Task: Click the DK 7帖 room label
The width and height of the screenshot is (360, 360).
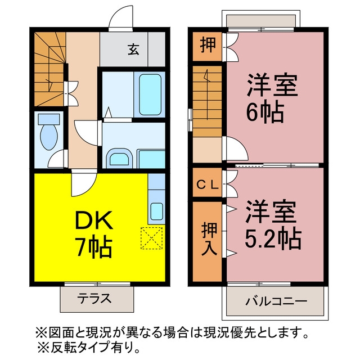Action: (x=94, y=234)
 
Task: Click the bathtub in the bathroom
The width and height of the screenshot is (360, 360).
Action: (x=150, y=95)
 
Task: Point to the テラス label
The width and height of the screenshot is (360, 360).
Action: (x=94, y=299)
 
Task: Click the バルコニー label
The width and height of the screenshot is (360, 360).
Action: (x=276, y=301)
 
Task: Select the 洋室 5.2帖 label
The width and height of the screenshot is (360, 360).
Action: (x=273, y=224)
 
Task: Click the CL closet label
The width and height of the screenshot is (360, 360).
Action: (x=208, y=185)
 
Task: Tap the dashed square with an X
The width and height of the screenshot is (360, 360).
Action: (x=152, y=238)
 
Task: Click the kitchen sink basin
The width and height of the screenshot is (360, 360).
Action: (x=157, y=211)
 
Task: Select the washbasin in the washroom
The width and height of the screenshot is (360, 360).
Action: (x=119, y=159)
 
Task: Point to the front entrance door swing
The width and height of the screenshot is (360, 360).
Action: (x=121, y=19)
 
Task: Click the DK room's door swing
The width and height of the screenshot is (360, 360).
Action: (x=83, y=184)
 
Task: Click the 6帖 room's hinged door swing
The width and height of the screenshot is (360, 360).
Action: (x=236, y=148)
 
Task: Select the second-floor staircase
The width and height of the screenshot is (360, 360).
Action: (x=207, y=101)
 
